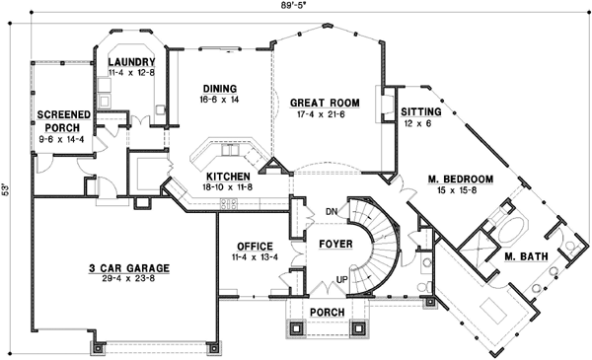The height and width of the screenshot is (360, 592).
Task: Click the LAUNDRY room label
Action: click(x=129, y=62)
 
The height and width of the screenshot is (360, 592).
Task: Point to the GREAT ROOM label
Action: click(x=315, y=102)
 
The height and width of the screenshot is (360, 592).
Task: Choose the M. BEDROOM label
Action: click(x=460, y=180)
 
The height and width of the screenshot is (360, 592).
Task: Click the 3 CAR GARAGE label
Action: click(x=126, y=267)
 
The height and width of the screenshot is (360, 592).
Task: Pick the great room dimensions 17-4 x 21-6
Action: click(x=315, y=114)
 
